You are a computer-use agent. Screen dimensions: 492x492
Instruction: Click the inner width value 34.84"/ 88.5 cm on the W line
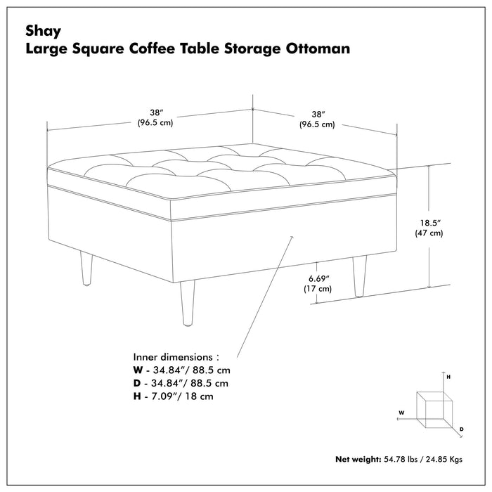pyautogui.click(x=194, y=370)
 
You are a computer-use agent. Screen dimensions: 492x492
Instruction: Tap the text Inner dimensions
pyautogui.click(x=176, y=356)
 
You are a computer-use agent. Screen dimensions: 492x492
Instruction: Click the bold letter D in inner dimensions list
pyautogui.click(x=138, y=383)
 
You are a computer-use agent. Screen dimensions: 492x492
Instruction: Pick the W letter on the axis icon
pyautogui.click(x=401, y=413)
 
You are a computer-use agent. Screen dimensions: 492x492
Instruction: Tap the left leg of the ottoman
pyautogui.click(x=86, y=269)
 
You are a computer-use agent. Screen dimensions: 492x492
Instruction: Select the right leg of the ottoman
pyautogui.click(x=360, y=276)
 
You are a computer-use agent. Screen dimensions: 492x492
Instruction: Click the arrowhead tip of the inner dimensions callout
pyautogui.click(x=291, y=238)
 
